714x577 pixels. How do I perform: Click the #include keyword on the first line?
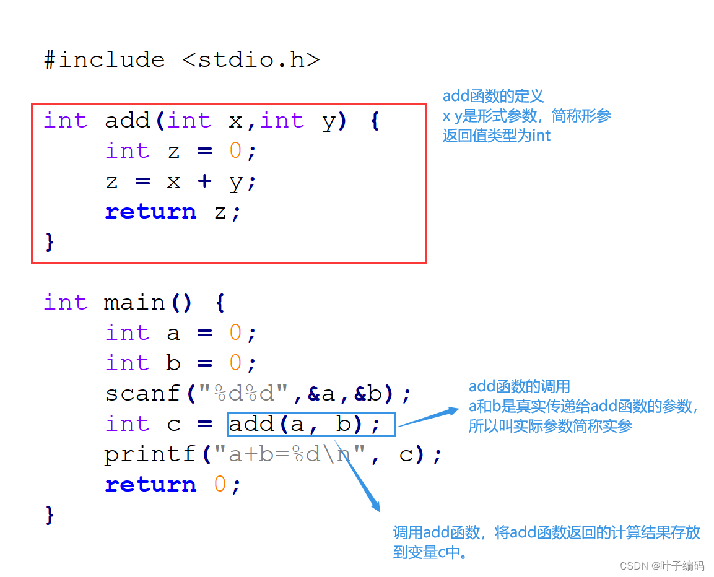(105, 60)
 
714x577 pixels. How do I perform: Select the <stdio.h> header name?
(251, 60)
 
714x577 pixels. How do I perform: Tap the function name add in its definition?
(128, 120)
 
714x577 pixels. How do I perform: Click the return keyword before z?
(150, 212)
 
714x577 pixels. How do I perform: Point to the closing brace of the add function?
(50, 241)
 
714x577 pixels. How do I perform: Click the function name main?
(135, 303)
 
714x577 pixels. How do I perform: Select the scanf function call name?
(142, 394)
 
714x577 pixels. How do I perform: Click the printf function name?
(150, 455)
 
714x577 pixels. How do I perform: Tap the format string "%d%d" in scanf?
(251, 394)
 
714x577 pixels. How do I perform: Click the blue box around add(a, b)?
(311, 425)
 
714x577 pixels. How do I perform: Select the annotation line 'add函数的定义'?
(493, 96)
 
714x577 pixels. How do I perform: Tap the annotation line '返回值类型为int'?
(496, 136)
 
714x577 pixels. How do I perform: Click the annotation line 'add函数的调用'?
(519, 387)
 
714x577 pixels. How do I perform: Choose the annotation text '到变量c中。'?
(430, 552)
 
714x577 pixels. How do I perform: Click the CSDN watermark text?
(661, 565)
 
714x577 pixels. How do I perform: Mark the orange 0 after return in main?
(220, 485)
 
